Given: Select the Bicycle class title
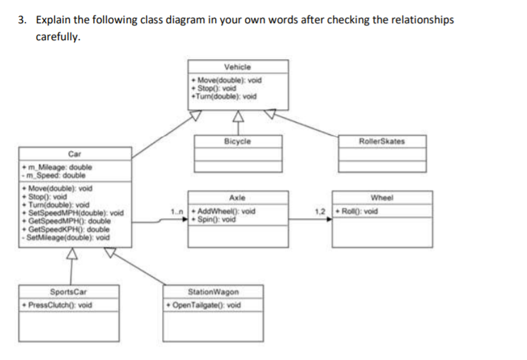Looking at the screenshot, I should point(237,141).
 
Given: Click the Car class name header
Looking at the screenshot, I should point(73,153).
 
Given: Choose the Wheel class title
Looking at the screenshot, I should point(382,198).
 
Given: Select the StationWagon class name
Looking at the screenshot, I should point(213,292).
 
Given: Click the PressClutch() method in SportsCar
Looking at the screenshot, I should point(59,305).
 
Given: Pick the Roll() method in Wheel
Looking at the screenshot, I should point(358,211).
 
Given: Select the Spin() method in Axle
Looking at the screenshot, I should point(219,218).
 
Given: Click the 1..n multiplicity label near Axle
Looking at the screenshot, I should point(176,211).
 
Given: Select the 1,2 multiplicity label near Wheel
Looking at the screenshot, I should point(320,211).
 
